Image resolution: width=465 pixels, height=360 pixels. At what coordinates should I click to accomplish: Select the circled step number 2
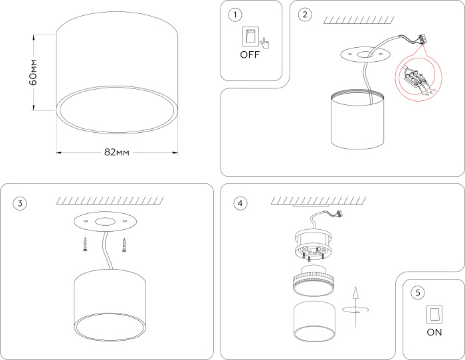tap(304, 15)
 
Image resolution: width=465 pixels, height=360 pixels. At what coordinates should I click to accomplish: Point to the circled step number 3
tap(21, 203)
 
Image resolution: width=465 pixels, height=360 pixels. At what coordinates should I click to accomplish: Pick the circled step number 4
tap(239, 203)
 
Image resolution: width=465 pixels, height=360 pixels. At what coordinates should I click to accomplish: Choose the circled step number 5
tap(417, 292)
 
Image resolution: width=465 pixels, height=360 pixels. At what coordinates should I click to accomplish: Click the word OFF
tap(250, 55)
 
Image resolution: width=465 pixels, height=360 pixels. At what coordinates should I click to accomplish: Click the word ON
tap(434, 332)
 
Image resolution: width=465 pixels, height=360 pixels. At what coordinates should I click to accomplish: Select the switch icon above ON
tap(434, 314)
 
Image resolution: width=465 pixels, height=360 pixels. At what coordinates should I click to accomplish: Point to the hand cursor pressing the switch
tap(264, 43)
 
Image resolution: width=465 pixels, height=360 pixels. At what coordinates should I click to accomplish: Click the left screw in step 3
tap(85, 244)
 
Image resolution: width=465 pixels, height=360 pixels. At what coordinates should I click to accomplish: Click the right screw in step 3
tap(124, 244)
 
